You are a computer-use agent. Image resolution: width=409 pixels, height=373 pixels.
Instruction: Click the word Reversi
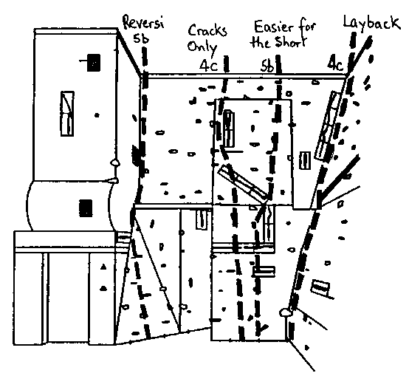(x=143, y=23)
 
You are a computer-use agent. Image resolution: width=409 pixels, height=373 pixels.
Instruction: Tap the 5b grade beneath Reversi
(x=141, y=38)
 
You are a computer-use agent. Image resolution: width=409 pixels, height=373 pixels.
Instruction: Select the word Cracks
(x=207, y=30)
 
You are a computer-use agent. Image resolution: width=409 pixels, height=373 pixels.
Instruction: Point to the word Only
(x=202, y=47)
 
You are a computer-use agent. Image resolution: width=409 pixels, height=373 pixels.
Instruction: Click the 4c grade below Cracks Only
(x=208, y=65)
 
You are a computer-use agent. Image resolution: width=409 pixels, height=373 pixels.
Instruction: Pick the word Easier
(x=274, y=26)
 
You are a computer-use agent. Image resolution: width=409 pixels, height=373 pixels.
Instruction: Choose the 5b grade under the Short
(x=267, y=66)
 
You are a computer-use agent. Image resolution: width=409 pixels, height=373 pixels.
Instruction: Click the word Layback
(x=371, y=23)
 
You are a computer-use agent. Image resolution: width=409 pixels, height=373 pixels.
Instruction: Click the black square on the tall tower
(x=93, y=63)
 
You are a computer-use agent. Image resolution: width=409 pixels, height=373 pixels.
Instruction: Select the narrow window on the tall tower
(x=67, y=114)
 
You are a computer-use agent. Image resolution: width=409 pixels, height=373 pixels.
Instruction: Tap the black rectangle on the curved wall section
(x=86, y=208)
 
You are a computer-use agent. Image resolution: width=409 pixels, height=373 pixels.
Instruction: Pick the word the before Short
(x=261, y=42)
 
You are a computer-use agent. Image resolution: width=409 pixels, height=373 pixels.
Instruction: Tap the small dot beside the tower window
(x=97, y=114)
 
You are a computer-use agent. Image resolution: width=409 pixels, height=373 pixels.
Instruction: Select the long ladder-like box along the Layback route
(x=327, y=126)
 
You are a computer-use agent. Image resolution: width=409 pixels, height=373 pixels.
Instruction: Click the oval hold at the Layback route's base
(x=285, y=312)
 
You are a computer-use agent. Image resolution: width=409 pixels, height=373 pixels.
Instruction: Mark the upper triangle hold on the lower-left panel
(x=103, y=267)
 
